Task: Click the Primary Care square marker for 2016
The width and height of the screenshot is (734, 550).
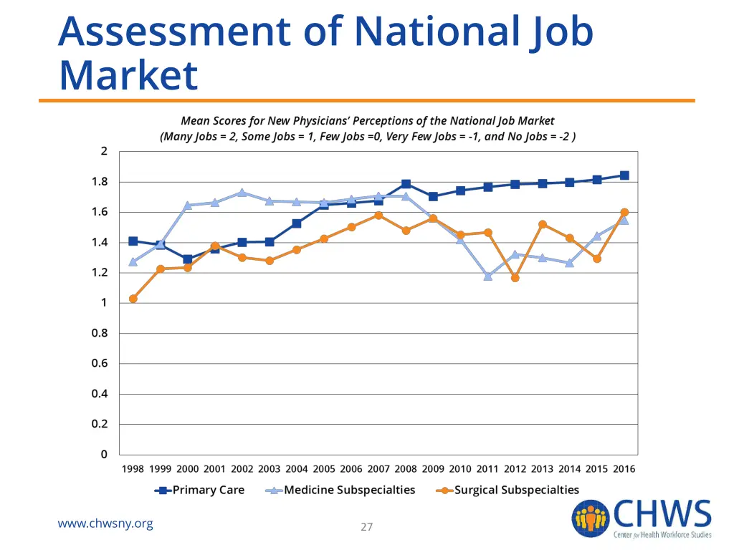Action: [x=624, y=175]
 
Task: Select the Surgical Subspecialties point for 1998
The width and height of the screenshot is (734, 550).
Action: [x=133, y=299]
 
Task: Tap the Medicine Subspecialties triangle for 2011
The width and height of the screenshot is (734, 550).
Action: [x=488, y=276]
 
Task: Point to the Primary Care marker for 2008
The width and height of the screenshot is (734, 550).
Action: [x=406, y=184]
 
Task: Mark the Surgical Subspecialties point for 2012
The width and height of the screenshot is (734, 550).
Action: [x=515, y=277]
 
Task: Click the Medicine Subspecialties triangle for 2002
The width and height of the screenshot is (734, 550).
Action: [x=242, y=192]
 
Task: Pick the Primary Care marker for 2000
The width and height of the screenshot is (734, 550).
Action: [x=188, y=259]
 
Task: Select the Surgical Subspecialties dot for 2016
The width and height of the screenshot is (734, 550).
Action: [x=624, y=212]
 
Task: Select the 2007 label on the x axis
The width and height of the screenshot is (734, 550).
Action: [x=378, y=469]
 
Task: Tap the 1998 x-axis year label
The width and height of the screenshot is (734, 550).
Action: [x=133, y=469]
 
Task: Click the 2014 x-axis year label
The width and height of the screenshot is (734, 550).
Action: [x=570, y=469]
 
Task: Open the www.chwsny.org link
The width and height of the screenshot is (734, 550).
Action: [x=105, y=524]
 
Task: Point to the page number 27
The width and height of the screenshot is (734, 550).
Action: [x=367, y=527]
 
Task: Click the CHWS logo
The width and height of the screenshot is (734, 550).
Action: [x=642, y=518]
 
